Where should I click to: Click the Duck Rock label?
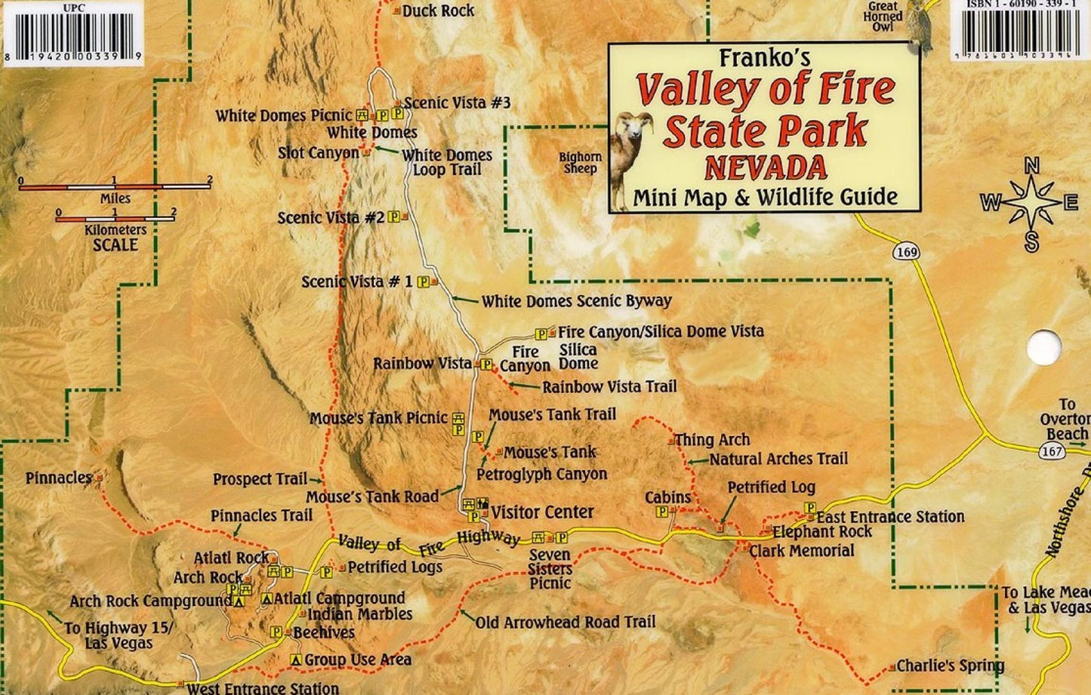pos(438,11)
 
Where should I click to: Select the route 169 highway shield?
pos(906,251)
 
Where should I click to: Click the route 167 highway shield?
pos(1053,452)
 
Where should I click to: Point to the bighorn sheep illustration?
pos(631,158)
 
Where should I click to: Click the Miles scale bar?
pos(115,186)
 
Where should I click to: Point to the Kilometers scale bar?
pos(115,218)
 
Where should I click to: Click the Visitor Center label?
pos(542,512)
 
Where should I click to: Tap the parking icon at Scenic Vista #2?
pos(393,217)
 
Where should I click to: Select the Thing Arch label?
pos(712,440)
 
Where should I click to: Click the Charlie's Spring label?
pos(950,666)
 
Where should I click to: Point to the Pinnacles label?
pos(58,478)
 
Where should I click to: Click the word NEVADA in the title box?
pos(765,165)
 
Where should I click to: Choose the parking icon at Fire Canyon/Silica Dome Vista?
pos(541,334)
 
